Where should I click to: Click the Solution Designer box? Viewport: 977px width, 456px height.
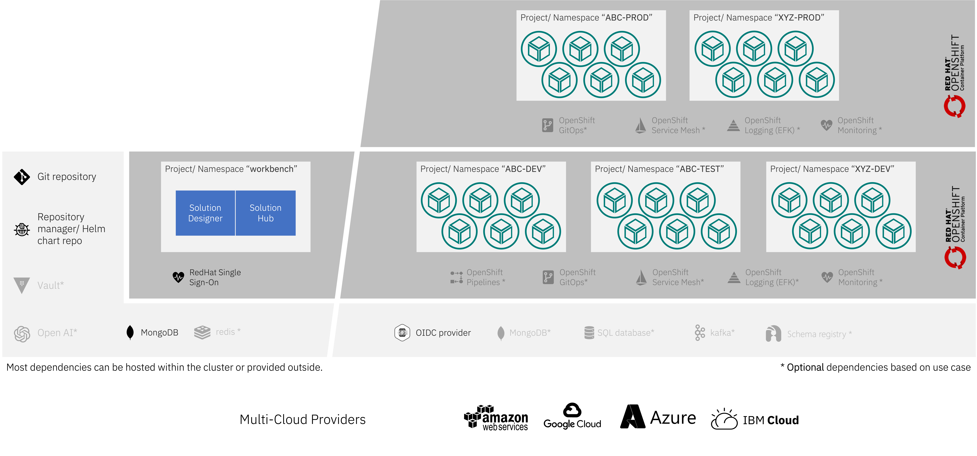205,213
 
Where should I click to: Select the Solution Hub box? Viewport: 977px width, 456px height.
265,213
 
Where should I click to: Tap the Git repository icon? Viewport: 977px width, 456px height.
22,177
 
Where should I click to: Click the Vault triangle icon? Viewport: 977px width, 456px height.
22,285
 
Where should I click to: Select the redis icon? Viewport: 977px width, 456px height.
202,332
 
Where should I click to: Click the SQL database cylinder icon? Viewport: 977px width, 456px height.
589,333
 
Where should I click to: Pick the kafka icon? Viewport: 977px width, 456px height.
700,333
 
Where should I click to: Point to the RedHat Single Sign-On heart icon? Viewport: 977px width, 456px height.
178,277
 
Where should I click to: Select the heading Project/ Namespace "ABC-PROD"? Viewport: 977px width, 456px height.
586,18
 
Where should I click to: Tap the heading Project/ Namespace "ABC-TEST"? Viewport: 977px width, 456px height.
659,169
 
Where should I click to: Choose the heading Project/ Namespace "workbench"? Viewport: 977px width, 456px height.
231,169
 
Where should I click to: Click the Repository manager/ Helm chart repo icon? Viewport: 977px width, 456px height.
22,229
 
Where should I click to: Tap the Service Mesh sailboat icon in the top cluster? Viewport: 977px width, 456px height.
641,125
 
